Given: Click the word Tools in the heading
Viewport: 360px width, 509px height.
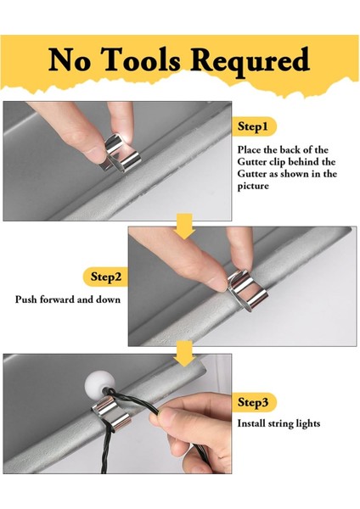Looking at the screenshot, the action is [141, 59].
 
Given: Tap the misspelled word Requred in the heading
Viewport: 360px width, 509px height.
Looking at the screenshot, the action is [250, 62].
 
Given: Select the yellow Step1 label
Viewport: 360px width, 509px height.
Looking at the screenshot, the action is [255, 126].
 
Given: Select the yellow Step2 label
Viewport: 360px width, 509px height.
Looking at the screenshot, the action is [105, 277].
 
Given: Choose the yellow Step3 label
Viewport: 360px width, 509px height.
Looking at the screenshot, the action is [255, 402].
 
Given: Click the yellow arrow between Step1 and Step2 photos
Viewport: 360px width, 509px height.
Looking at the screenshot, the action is [184, 227].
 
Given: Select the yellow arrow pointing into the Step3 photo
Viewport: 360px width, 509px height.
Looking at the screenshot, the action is [184, 354].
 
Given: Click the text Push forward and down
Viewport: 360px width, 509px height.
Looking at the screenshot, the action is [68, 299].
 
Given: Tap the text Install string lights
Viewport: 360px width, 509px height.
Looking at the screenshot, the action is [278, 423].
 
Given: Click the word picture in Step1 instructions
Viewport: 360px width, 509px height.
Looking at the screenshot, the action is [253, 186].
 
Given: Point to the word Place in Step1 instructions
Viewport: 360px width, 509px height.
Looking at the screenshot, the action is [248, 149].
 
